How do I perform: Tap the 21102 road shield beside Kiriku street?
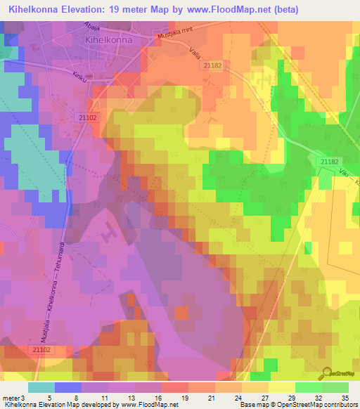click(87, 117)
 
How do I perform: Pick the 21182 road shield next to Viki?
click(329, 162)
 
